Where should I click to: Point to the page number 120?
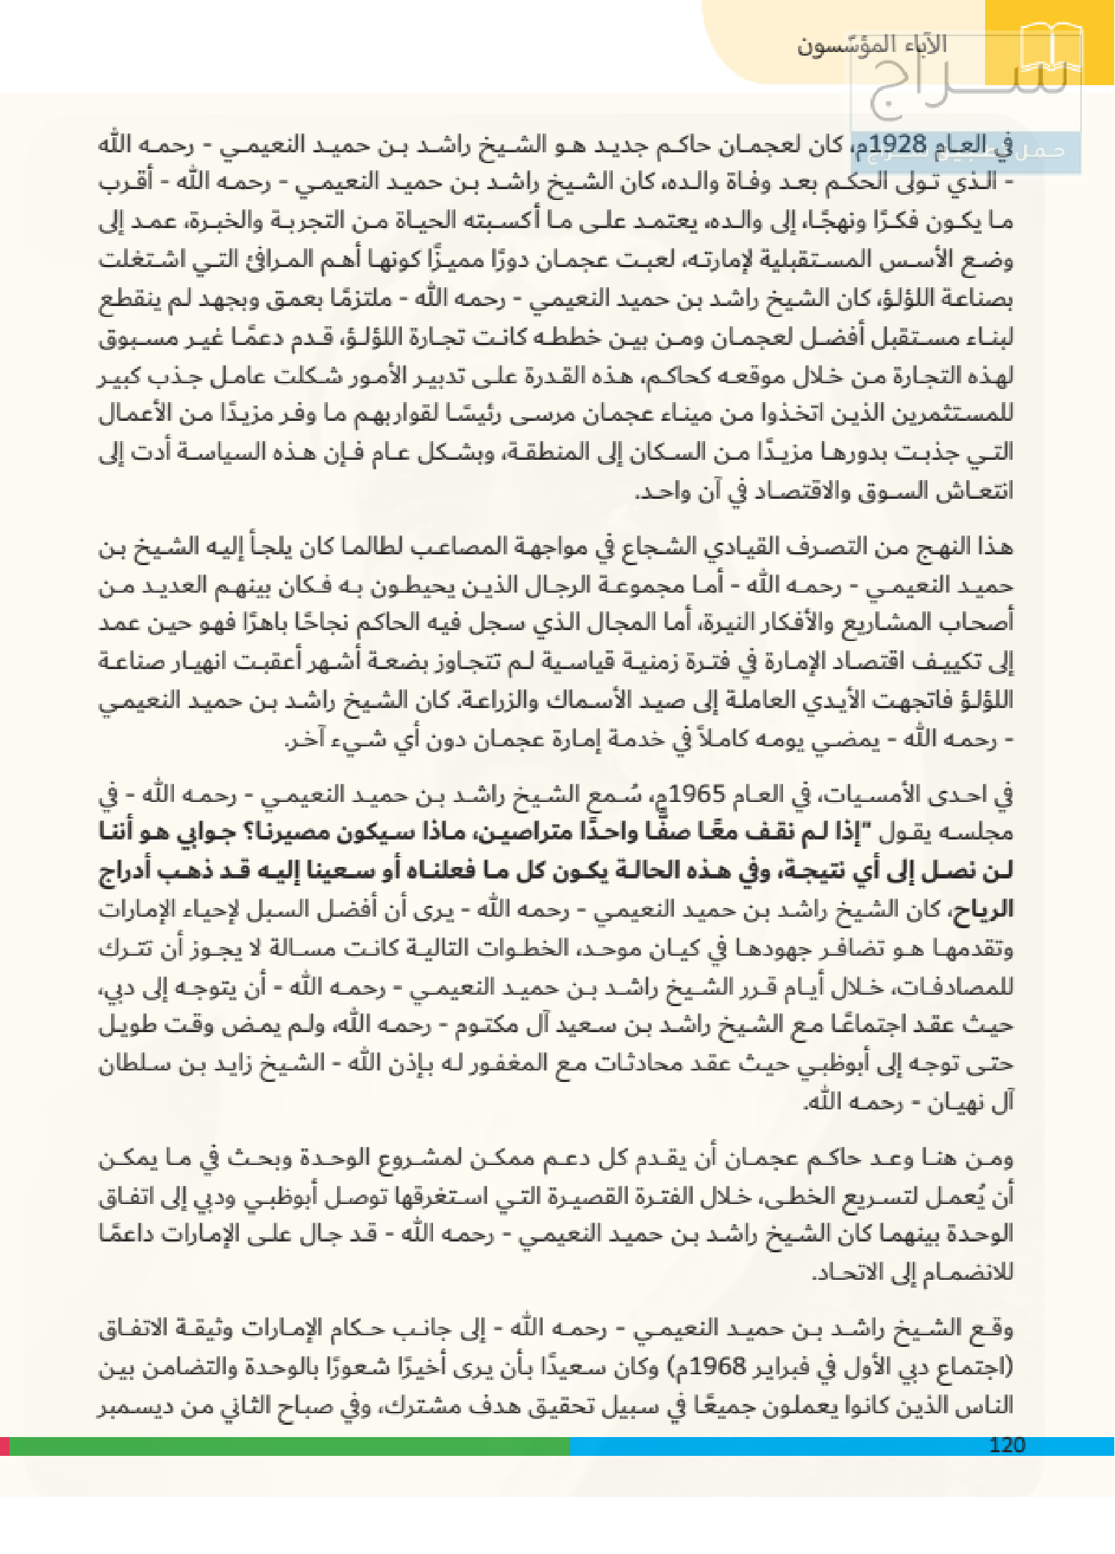click(1007, 1444)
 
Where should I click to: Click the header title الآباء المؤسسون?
click(871, 45)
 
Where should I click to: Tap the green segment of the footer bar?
click(289, 1446)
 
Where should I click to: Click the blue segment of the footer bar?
click(794, 1446)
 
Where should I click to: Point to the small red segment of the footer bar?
click(4, 1446)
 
